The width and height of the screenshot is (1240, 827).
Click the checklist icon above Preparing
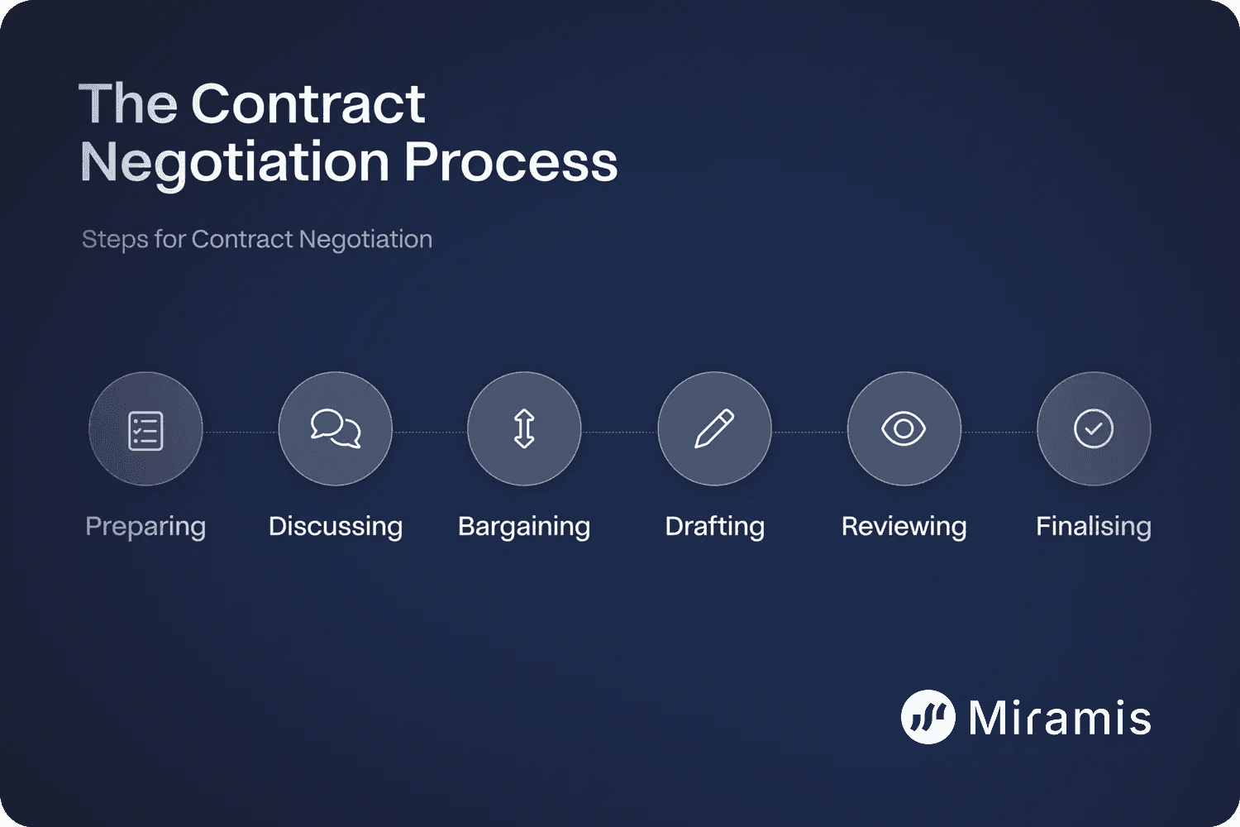click(145, 430)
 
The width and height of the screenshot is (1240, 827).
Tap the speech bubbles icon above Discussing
click(336, 428)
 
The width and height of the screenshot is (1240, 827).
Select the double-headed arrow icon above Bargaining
click(524, 429)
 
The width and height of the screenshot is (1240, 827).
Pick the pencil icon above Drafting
click(714, 428)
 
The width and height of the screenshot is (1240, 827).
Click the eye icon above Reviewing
click(904, 428)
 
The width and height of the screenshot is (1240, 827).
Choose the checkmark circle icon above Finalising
click(1093, 428)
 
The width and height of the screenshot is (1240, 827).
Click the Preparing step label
click(145, 527)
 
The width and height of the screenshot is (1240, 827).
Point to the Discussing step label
click(336, 527)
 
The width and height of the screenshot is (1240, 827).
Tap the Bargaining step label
click(524, 527)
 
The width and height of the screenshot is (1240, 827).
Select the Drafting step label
click(715, 527)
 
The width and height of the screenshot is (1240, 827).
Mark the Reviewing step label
click(904, 527)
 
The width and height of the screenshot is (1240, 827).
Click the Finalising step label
click(1093, 527)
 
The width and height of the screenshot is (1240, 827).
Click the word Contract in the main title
click(308, 104)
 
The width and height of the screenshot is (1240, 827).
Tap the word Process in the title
click(511, 161)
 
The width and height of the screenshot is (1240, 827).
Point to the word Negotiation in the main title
click(235, 163)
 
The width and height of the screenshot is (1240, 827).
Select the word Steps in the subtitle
click(115, 240)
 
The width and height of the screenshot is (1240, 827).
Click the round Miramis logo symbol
click(928, 717)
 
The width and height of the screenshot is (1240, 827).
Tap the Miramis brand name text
click(1060, 717)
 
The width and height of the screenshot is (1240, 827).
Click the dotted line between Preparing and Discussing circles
click(241, 432)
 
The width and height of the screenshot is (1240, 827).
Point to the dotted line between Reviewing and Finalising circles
click(999, 432)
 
